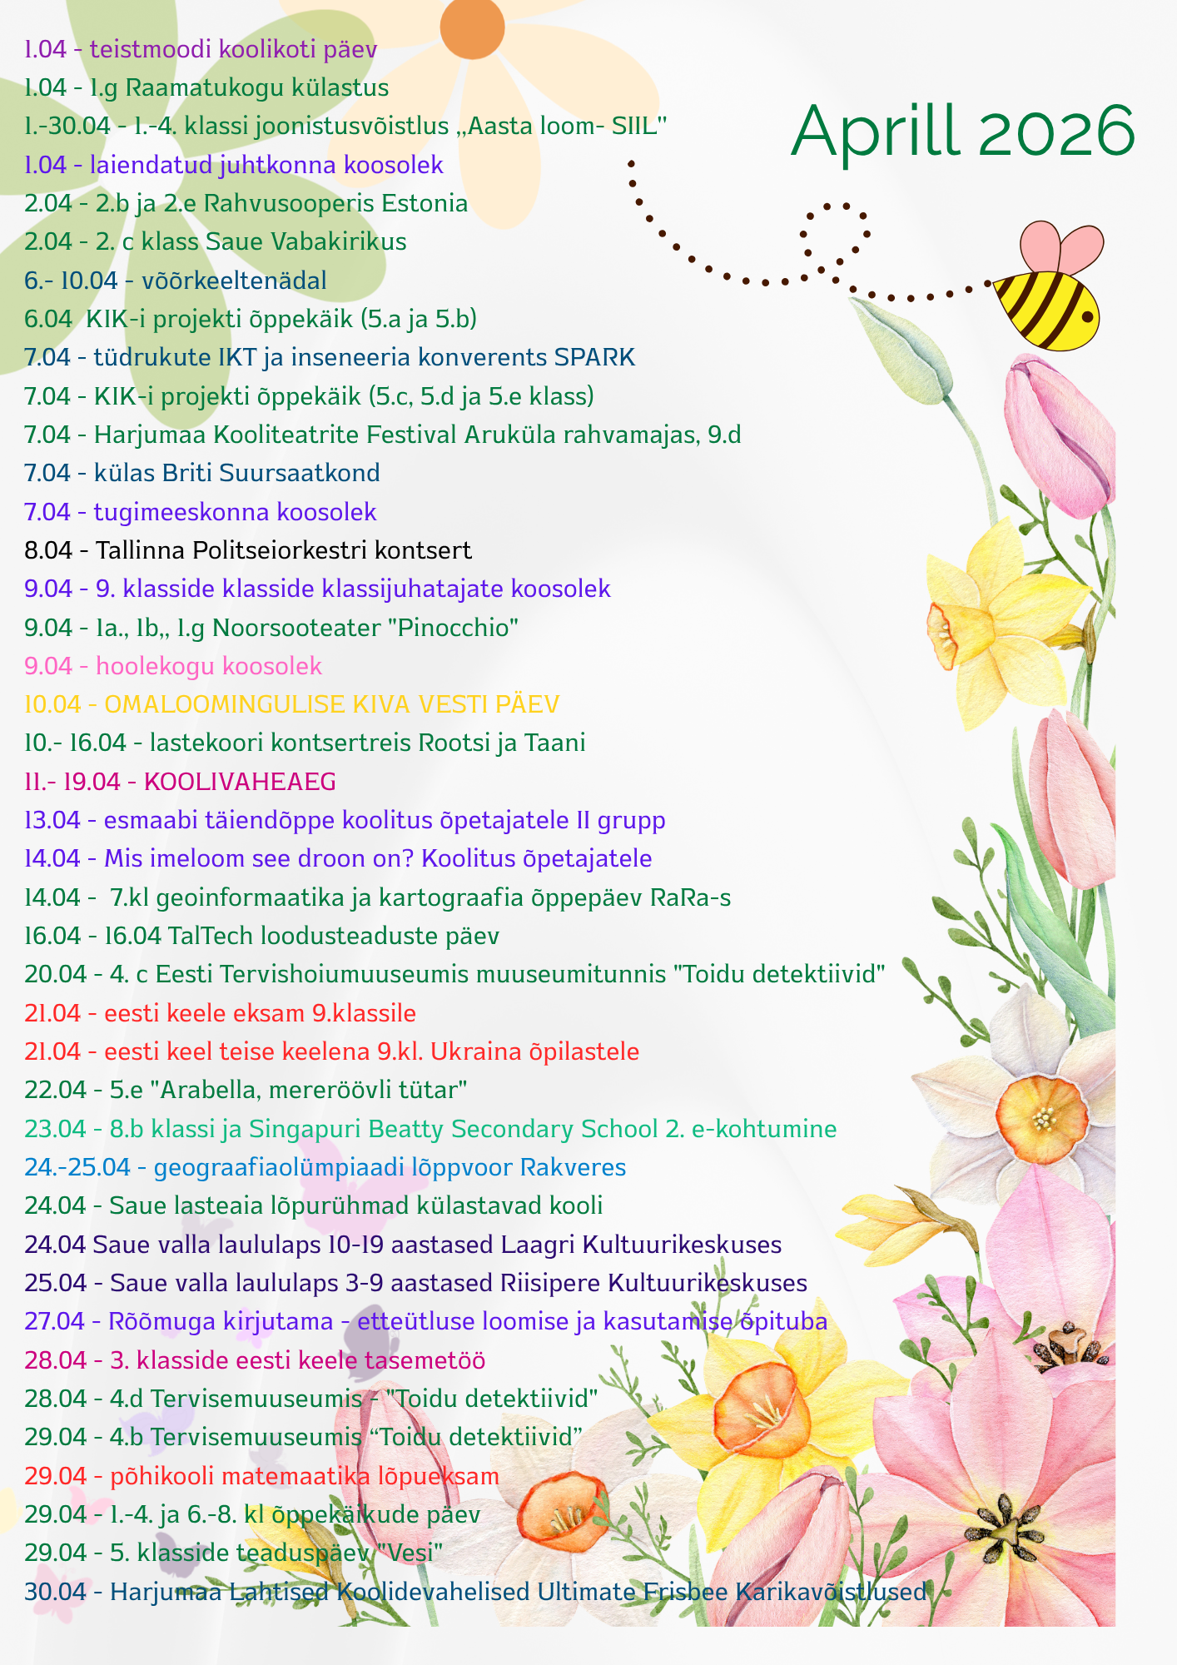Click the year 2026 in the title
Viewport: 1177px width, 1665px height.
point(1056,132)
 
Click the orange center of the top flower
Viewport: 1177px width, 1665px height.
point(472,27)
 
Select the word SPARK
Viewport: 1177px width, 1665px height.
point(594,357)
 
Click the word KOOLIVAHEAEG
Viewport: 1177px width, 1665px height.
point(240,782)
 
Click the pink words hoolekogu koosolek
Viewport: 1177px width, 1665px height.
point(209,666)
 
